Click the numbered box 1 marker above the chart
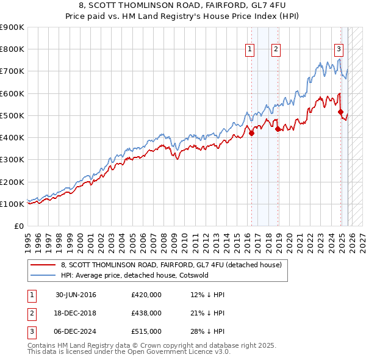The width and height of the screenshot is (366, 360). tap(250, 50)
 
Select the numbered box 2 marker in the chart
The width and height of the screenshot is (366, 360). tap(276, 50)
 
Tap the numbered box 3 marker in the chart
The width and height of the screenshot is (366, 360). tap(339, 50)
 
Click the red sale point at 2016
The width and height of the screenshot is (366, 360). tap(251, 133)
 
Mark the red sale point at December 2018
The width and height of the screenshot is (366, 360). tap(277, 129)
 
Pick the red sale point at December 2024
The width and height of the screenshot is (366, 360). tap(340, 112)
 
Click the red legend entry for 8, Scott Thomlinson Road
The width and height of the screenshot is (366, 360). tap(171, 265)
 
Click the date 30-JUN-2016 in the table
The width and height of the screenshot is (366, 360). tap(76, 295)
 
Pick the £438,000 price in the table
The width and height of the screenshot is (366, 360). tap(146, 313)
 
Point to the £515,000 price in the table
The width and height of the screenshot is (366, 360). tap(146, 331)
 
